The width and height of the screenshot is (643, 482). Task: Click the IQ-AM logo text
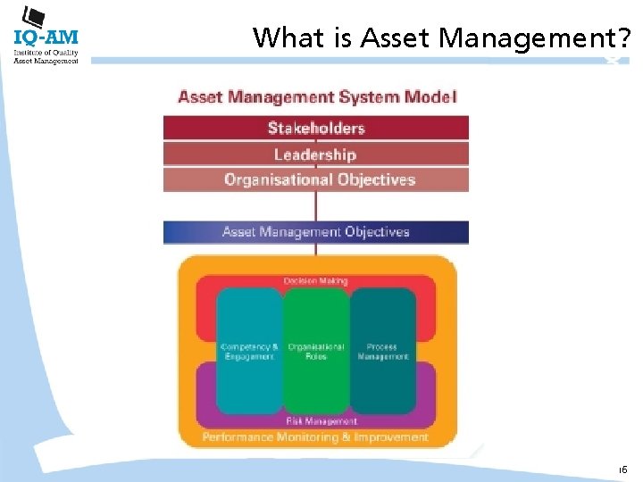tap(46, 37)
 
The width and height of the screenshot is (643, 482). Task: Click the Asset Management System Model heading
tap(317, 96)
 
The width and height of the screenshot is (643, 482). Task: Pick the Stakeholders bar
tap(315, 128)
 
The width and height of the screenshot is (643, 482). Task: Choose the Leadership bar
tap(315, 154)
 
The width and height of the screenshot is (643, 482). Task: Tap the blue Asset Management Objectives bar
tap(315, 232)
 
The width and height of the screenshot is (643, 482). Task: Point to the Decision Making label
tap(315, 281)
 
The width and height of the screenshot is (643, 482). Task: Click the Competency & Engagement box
tap(249, 351)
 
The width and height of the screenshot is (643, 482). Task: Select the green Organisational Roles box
tap(315, 351)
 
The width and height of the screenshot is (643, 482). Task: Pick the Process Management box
tap(383, 351)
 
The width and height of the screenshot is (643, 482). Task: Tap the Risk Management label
tap(321, 420)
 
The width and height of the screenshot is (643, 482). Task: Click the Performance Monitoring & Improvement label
tap(315, 437)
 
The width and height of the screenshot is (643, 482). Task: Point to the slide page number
tap(622, 469)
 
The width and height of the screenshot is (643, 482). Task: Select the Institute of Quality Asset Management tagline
tap(46, 56)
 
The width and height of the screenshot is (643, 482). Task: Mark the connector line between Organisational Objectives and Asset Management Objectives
tap(315, 206)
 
